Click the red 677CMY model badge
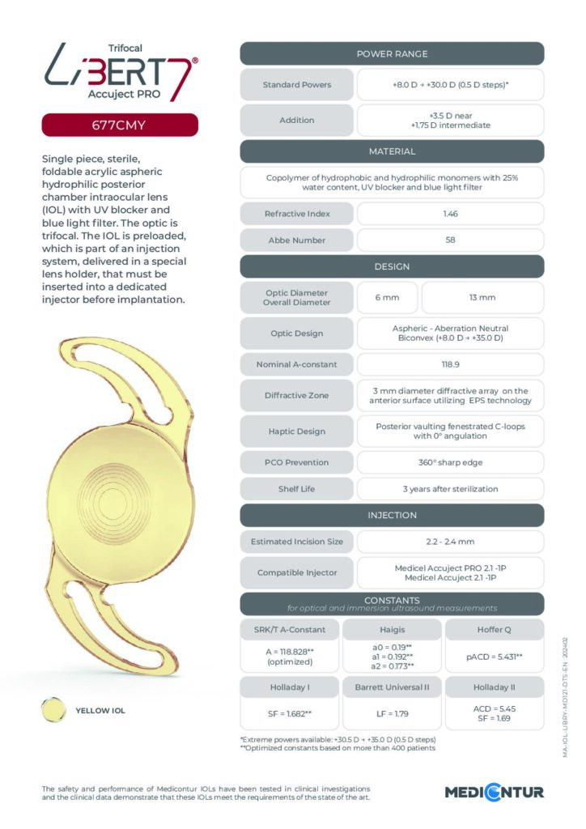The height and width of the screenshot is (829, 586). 119,125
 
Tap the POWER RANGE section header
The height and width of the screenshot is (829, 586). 392,53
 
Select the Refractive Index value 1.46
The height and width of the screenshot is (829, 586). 450,214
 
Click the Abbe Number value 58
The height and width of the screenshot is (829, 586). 450,240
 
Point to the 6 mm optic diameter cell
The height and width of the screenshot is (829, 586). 387,298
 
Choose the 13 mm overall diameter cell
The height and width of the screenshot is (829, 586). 482,298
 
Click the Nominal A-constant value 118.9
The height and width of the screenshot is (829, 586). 450,363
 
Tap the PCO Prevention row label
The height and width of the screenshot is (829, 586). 297,462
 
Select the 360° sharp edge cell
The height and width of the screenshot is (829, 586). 450,462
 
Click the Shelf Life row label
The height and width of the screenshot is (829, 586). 297,489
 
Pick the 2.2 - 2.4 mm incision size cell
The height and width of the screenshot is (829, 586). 450,541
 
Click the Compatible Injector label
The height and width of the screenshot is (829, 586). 297,572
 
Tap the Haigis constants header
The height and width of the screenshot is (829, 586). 392,630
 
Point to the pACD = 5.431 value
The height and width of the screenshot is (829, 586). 494,657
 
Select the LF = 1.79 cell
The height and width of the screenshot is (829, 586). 392,716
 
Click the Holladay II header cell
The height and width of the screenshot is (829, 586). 494,688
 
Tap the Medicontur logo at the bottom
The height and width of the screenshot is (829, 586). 494,792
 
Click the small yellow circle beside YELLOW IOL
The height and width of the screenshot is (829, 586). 53,711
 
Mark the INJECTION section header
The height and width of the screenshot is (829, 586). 392,515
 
